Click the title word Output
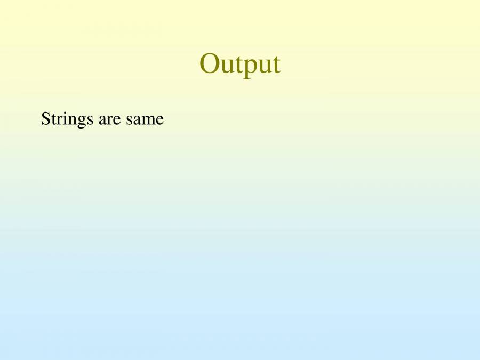point(240,64)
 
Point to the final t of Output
point(276,65)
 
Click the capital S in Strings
point(45,118)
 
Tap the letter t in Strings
point(52,119)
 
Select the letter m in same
point(148,120)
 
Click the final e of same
point(159,120)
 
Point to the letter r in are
point(109,120)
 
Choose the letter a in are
point(102,120)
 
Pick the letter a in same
point(136,120)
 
